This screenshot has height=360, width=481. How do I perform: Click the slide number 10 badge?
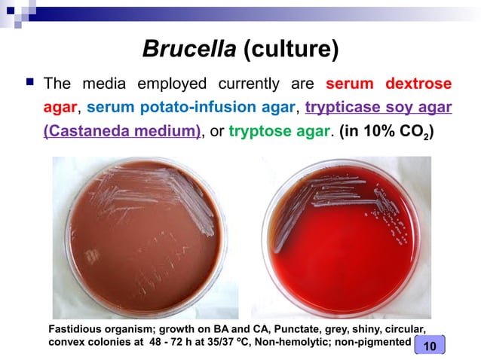(430, 345)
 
